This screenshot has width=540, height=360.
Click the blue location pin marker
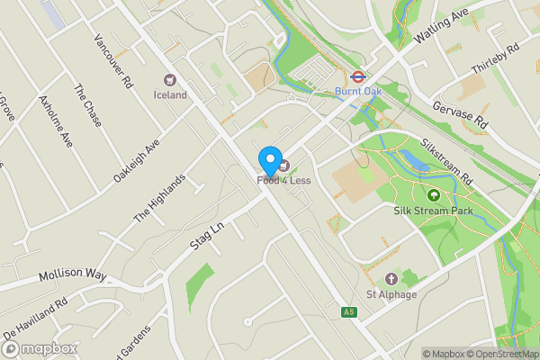269,160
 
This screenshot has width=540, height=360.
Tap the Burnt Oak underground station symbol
357,76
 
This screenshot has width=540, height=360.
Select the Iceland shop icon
169,81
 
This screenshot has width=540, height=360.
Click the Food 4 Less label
283,181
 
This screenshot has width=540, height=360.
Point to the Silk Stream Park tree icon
434,194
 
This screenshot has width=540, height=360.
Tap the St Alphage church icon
391,279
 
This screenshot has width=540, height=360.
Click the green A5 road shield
349,312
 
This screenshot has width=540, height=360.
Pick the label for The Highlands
159,199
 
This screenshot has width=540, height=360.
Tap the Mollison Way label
71,274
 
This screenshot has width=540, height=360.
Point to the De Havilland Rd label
35,319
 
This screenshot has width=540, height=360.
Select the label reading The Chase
87,105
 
